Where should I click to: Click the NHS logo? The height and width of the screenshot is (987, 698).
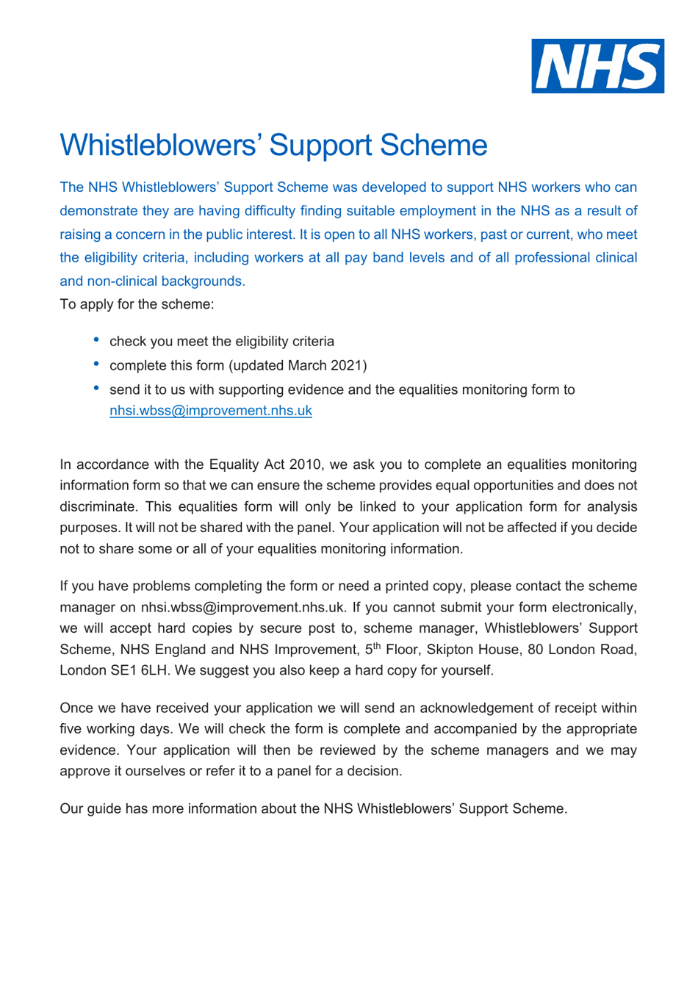(x=597, y=66)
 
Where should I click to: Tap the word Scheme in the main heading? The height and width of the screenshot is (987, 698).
(x=433, y=146)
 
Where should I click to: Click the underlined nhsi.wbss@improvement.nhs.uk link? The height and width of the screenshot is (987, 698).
(x=210, y=411)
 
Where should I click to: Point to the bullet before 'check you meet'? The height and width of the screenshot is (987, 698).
(x=96, y=340)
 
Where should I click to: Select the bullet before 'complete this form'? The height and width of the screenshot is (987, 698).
(x=96, y=364)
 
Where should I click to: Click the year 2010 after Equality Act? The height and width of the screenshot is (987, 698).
(x=305, y=464)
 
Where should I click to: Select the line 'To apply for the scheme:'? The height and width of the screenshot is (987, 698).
(x=137, y=304)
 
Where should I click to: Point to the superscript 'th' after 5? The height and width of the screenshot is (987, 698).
(x=377, y=646)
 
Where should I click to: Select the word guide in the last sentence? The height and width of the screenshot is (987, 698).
(x=104, y=809)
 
